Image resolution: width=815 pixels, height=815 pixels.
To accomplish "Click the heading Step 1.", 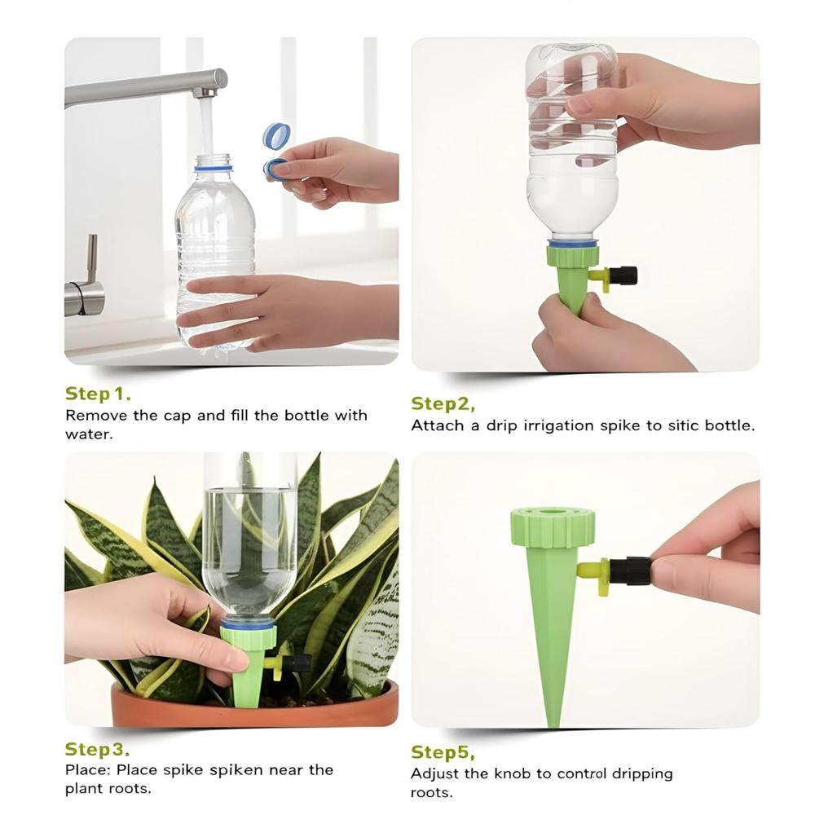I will pyautogui.click(x=98, y=394).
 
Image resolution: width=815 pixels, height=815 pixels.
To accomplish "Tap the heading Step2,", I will pyautogui.click(x=443, y=404).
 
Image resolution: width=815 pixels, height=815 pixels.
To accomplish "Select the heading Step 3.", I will pyautogui.click(x=97, y=749).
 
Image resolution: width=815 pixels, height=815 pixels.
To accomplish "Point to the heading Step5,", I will pyautogui.click(x=443, y=751).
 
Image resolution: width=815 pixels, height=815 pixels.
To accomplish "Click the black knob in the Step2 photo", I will pyautogui.click(x=626, y=275).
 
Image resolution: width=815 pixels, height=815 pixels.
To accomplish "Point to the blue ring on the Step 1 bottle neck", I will pyautogui.click(x=212, y=169).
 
